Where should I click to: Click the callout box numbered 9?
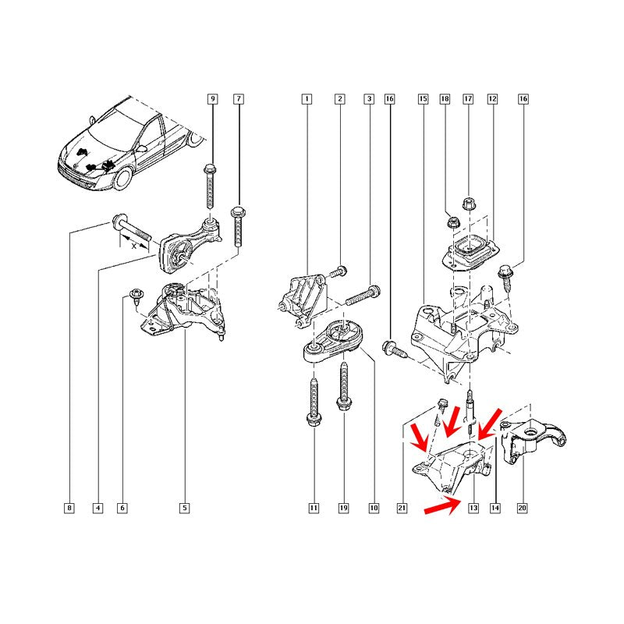coord(212,99)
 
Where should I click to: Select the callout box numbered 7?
coord(239,99)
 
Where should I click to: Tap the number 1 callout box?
coord(307,99)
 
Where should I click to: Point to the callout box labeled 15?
coord(423,99)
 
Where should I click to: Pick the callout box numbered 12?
coord(493,99)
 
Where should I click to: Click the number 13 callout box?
coord(473,508)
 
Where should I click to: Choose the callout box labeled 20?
coord(522,508)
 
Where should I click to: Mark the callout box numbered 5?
coord(184,508)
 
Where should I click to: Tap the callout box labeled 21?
coord(402,508)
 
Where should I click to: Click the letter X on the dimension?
coord(133,246)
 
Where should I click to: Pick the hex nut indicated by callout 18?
coord(452,222)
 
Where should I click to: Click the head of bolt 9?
coord(210,169)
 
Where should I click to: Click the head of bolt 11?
coord(314,420)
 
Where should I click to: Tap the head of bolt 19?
coord(343,404)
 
